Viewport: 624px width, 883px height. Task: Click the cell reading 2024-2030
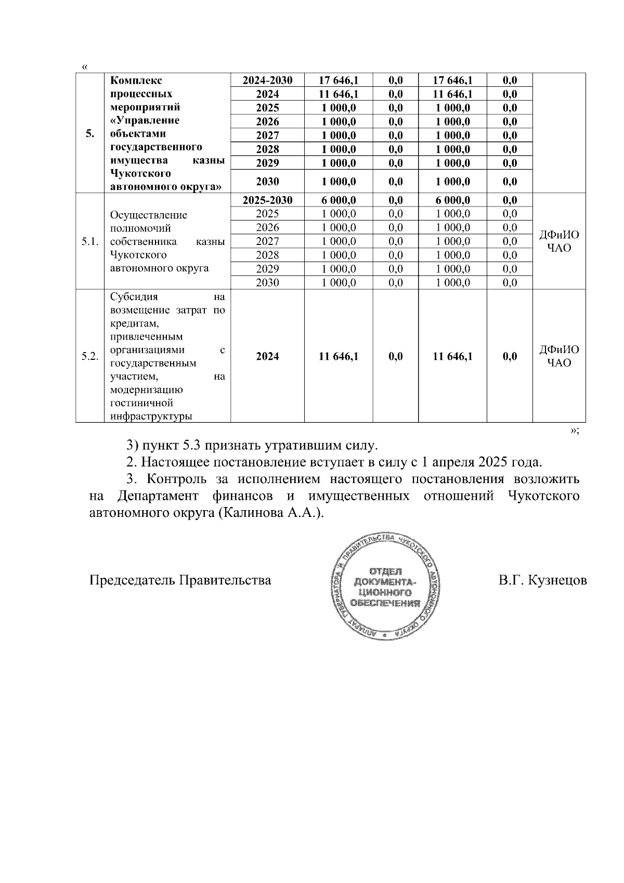(267, 80)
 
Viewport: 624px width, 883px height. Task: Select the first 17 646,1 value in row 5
(339, 80)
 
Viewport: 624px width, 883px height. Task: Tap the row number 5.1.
(89, 241)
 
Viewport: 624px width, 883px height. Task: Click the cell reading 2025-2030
(267, 200)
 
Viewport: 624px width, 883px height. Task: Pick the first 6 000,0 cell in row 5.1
(339, 200)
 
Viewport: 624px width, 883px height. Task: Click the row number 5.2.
(89, 356)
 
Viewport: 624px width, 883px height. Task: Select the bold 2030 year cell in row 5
(267, 181)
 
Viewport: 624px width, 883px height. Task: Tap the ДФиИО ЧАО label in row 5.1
(559, 241)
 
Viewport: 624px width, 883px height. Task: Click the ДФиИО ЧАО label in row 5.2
(559, 356)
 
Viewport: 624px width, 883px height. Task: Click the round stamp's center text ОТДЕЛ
(385, 571)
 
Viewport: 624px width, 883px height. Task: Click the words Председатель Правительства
(180, 580)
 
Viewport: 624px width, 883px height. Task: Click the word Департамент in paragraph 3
(158, 496)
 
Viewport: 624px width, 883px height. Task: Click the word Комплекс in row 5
(136, 81)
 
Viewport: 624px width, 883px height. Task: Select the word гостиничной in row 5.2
(141, 403)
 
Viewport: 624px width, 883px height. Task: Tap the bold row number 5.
(89, 134)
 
